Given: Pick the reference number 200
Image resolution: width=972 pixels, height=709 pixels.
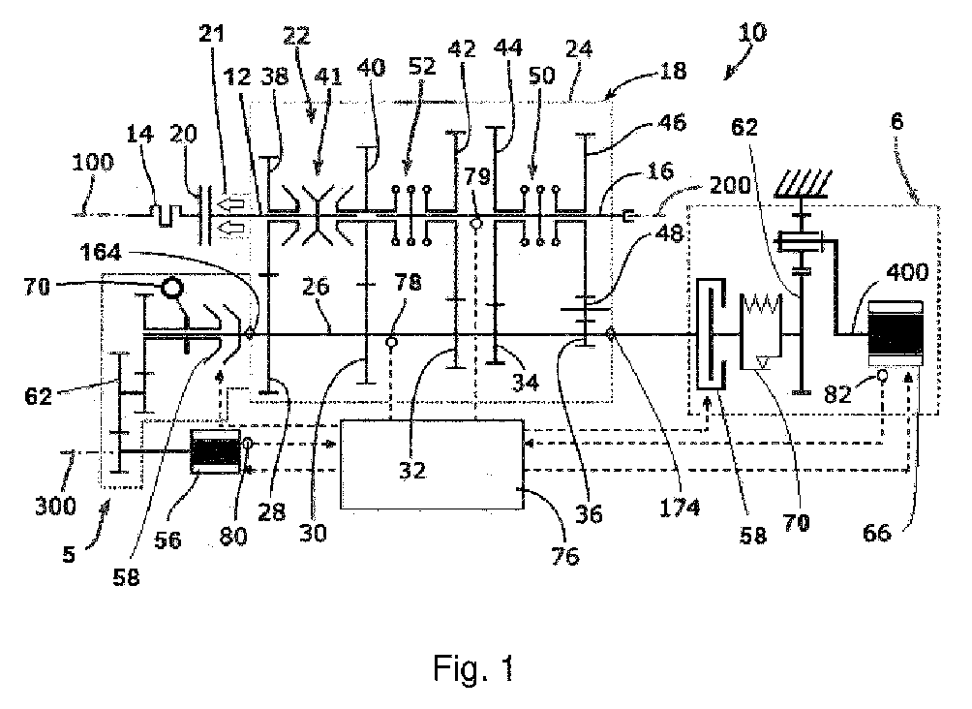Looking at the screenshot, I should pyautogui.click(x=670, y=184).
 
